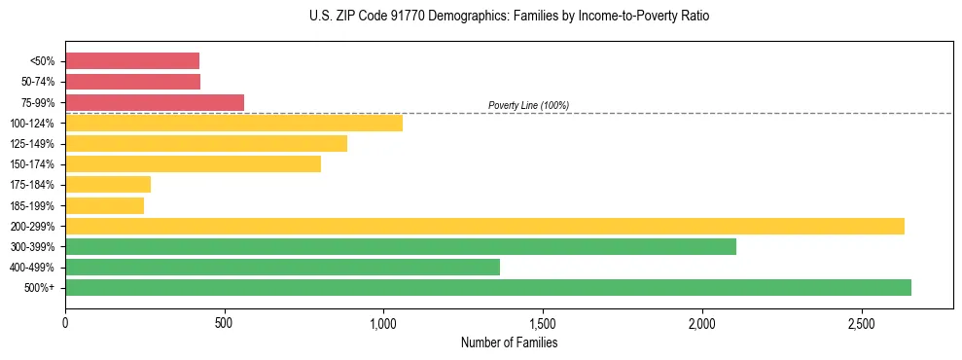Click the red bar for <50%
[x=132, y=61]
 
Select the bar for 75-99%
[x=155, y=102]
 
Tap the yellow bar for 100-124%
[x=233, y=123]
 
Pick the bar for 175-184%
[x=108, y=185]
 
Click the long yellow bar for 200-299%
[x=484, y=226]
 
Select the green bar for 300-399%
[x=401, y=247]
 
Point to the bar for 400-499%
[x=282, y=268]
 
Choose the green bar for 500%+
[x=488, y=288]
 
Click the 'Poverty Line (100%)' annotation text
[x=528, y=105]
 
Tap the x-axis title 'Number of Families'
[x=509, y=342]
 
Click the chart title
[x=509, y=17]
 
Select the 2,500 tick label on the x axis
[x=861, y=322]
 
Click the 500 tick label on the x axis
[x=225, y=322]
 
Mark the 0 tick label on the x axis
[x=65, y=322]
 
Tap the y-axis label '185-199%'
[x=32, y=206]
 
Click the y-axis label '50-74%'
[x=37, y=82]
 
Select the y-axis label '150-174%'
[x=32, y=164]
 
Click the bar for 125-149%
[x=206, y=144]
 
